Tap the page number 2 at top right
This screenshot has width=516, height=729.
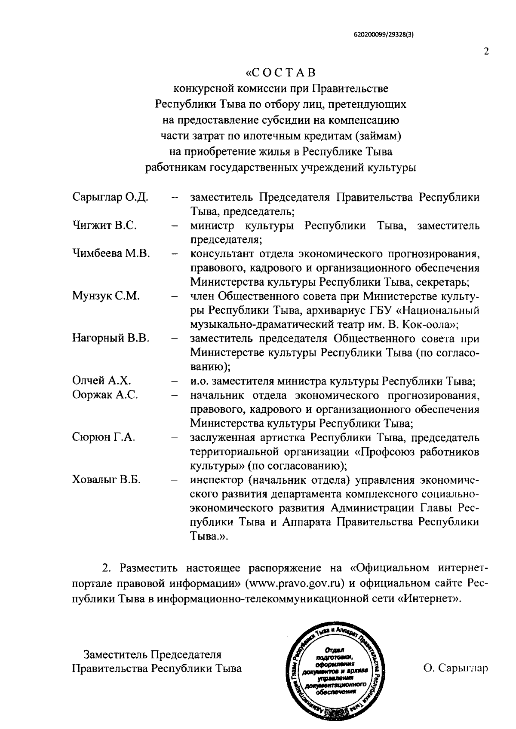pyautogui.click(x=486, y=52)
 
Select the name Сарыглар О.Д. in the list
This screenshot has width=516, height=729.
pyautogui.click(x=110, y=198)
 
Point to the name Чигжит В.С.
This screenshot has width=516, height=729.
pyautogui.click(x=104, y=226)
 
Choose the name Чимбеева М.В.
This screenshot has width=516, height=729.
pyautogui.click(x=111, y=253)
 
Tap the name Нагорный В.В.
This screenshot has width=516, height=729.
pyautogui.click(x=111, y=338)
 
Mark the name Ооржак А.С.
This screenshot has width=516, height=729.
pyautogui.click(x=105, y=395)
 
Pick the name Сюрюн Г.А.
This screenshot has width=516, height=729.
pyautogui.click(x=104, y=437)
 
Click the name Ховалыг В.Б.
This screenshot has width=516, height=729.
pyautogui.click(x=106, y=480)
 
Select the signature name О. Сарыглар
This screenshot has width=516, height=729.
pyautogui.click(x=456, y=668)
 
